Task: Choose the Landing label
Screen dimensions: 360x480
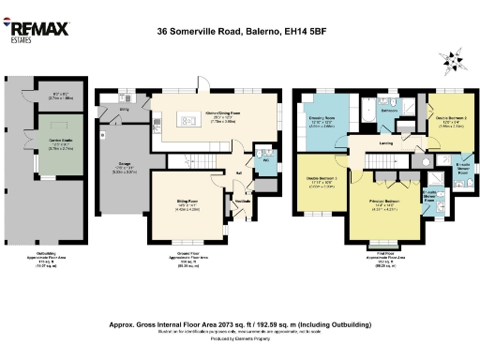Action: click(385, 143)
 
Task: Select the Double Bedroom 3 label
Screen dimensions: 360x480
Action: click(322, 181)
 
